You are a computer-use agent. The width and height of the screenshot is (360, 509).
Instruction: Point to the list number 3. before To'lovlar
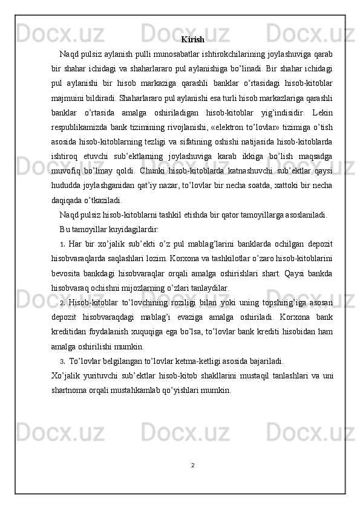[x=62, y=361]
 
